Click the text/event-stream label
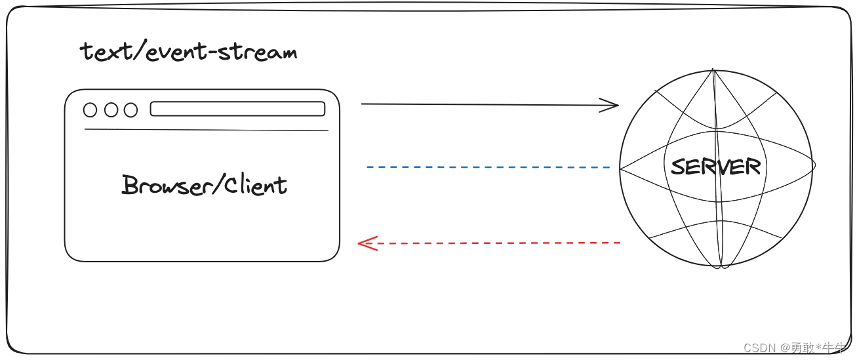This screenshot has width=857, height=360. pos(188,52)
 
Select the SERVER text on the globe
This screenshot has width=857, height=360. pos(715,167)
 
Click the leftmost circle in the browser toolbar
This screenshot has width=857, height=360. pos(90,110)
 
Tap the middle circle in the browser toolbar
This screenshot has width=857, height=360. pos(111,110)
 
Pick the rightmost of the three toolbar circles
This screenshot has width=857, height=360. pos(131,110)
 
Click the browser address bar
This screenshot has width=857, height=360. pos(237,109)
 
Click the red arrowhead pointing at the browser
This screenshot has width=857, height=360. pos(364,244)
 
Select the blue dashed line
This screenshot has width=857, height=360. pos(488,167)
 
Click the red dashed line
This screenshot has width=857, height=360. pos(498,243)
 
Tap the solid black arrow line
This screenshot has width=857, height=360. pos(485,104)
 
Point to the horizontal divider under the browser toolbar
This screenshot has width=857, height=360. pos(206,130)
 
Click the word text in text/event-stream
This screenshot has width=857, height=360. pos(103,52)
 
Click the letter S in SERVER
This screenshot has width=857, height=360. pos(678,167)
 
